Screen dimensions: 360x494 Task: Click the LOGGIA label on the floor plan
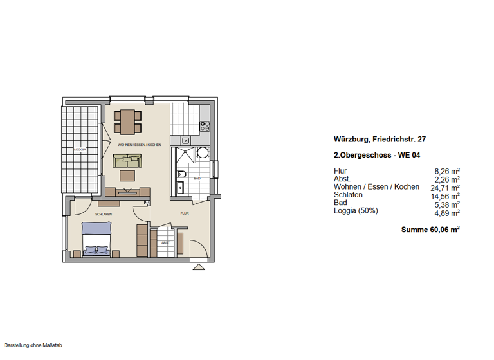tap(80, 149)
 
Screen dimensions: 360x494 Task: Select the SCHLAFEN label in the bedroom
tap(104, 214)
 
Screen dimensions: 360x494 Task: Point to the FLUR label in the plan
tap(184, 213)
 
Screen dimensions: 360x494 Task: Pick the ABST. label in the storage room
tap(166, 243)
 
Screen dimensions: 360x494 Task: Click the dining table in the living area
tap(127, 122)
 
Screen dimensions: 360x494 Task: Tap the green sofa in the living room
tap(127, 161)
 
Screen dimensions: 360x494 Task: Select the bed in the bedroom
tap(96, 238)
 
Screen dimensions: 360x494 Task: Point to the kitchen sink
tap(185, 139)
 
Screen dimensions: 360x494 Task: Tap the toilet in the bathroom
tap(181, 175)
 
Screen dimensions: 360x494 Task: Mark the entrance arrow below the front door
tap(200, 266)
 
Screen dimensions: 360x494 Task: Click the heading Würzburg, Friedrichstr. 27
tap(380, 139)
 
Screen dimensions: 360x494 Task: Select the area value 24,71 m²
tap(444, 188)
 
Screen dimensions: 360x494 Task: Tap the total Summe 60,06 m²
tap(430, 229)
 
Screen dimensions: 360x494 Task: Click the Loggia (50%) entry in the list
tap(356, 211)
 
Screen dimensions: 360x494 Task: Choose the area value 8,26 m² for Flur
tap(447, 172)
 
